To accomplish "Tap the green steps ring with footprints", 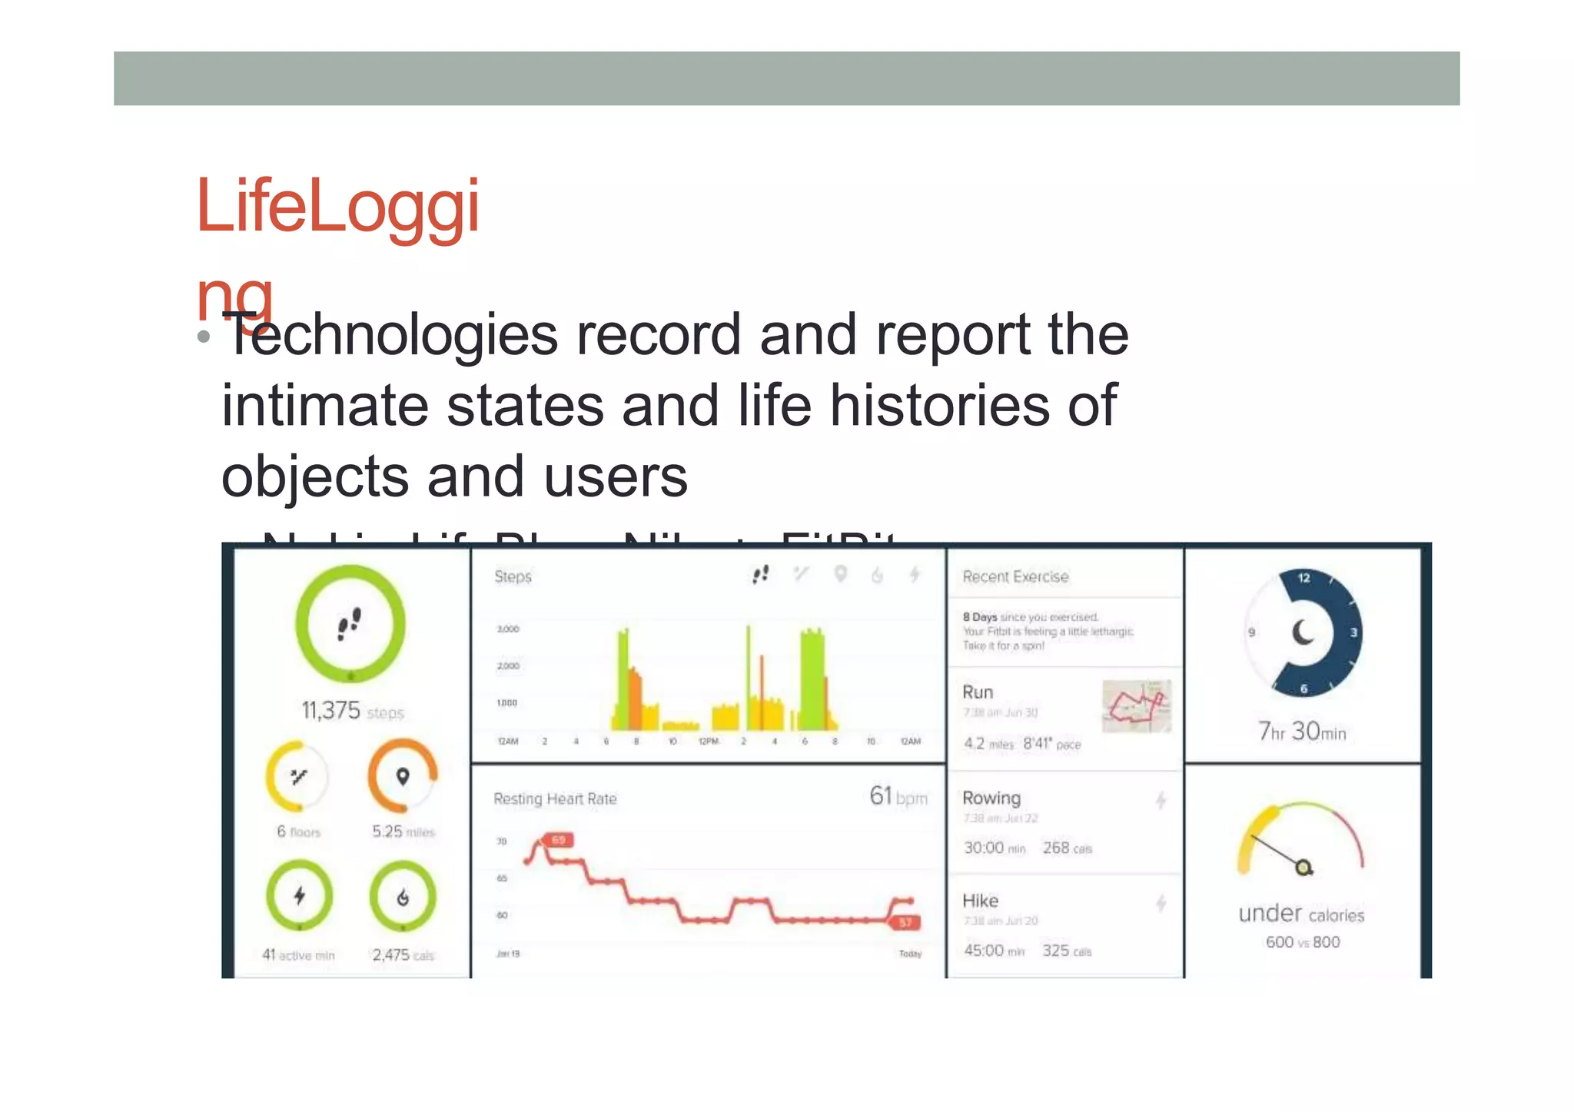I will click(x=350, y=624).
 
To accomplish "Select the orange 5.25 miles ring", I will click(x=402, y=776).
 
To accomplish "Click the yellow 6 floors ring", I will click(x=297, y=776).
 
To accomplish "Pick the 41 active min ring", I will click(x=299, y=896).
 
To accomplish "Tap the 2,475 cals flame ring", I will click(x=402, y=897).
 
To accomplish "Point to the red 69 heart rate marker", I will click(x=558, y=840).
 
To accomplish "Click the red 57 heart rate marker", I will click(x=905, y=922).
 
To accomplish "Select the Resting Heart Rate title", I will click(x=555, y=799).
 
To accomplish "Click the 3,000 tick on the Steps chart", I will click(x=508, y=629).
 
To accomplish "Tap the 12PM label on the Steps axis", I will click(x=707, y=742).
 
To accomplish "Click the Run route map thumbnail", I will click(x=1137, y=705).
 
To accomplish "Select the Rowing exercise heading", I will click(x=991, y=798).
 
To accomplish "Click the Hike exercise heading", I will click(x=980, y=901).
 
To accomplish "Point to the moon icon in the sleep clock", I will click(x=1303, y=632).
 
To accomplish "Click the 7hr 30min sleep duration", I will click(x=1302, y=731).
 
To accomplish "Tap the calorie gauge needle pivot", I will click(x=1303, y=868).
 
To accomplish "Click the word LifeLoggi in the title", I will click(x=338, y=206).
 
